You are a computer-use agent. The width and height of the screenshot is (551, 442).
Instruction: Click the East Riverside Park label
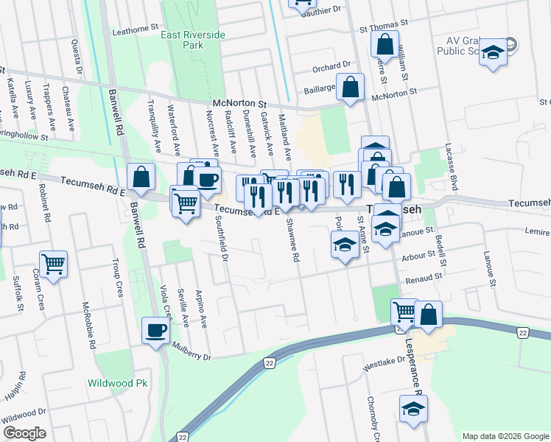pyautogui.click(x=193, y=40)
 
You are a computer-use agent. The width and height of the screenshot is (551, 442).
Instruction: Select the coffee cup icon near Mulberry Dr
pyautogui.click(x=155, y=331)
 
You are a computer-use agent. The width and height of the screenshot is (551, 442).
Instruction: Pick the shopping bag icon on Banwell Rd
pyautogui.click(x=141, y=177)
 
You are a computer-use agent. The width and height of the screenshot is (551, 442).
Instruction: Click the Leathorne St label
pyautogui.click(x=136, y=32)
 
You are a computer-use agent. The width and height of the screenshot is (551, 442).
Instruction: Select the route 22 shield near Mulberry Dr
pyautogui.click(x=270, y=363)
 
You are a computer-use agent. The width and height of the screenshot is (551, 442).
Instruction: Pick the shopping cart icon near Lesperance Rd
pyautogui.click(x=404, y=312)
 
